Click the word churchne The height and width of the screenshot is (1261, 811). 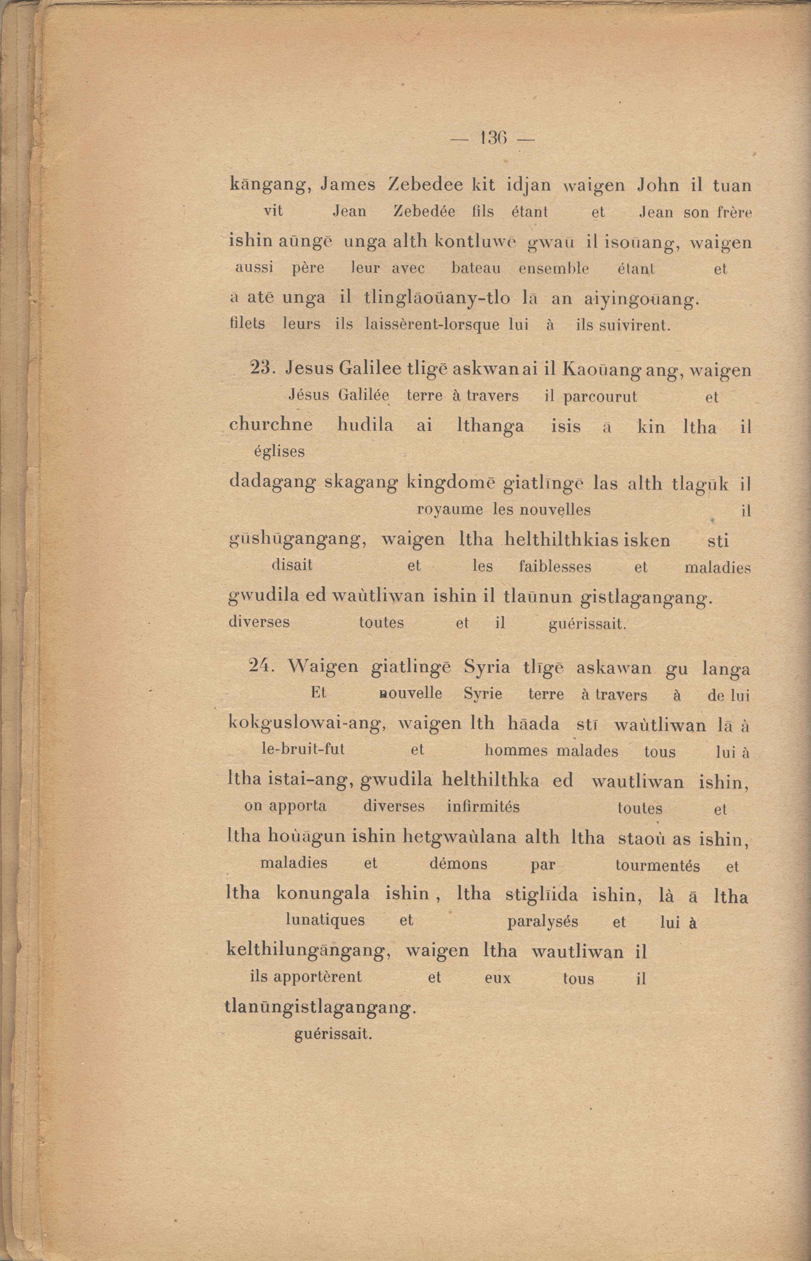click(271, 425)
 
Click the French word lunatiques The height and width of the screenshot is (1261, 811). click(325, 920)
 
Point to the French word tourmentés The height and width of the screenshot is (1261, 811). click(657, 865)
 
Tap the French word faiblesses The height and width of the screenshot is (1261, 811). click(554, 567)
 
